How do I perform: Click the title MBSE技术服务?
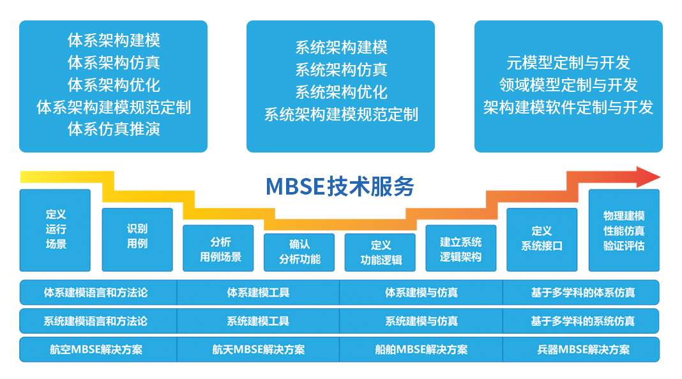[x=340, y=186]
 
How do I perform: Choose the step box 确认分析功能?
[x=299, y=253]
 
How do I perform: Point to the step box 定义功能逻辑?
[x=381, y=253]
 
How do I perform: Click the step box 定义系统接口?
[x=542, y=239]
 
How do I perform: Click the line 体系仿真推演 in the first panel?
[x=114, y=130]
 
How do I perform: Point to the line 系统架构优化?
[x=341, y=92]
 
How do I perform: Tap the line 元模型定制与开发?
[x=568, y=63]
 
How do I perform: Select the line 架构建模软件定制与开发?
[x=568, y=107]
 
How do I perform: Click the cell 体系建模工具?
[x=258, y=293]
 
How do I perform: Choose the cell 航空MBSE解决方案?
[x=96, y=350]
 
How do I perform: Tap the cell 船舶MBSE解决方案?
[x=421, y=350]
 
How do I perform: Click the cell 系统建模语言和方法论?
[x=96, y=322]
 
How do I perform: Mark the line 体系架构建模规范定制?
[x=114, y=107]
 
